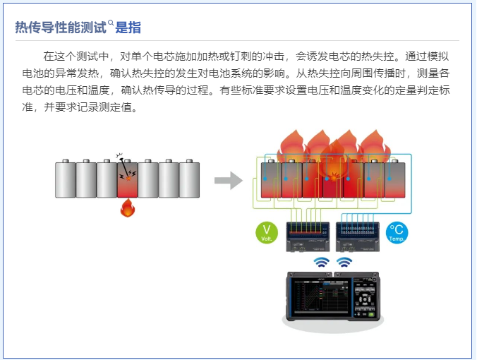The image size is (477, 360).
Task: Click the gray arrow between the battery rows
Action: [228, 181]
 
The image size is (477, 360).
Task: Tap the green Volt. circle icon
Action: [267, 232]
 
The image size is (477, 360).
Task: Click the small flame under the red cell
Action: [128, 208]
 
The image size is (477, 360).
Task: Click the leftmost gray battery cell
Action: [65, 179]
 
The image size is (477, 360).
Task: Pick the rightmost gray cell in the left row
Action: [189, 179]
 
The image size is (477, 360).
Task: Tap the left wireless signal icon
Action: [322, 263]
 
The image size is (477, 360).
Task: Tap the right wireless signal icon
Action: [344, 263]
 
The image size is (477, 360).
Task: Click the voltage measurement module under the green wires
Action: [306, 235]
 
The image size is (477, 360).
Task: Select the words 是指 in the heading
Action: [128, 28]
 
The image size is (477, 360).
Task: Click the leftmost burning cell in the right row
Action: [271, 181]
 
